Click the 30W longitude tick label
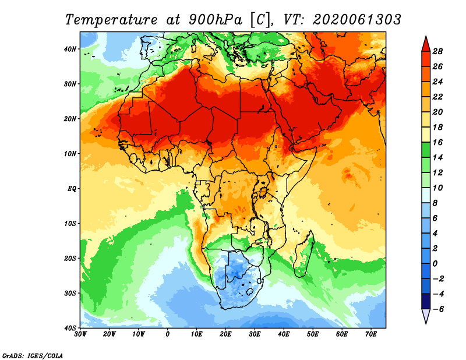pyautogui.click(x=80, y=334)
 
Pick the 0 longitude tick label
pyautogui.click(x=168, y=334)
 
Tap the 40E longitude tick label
pyautogui.click(x=284, y=334)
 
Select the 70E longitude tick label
pyautogui.click(x=371, y=334)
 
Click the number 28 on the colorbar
pyautogui.click(x=438, y=51)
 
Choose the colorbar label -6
pyautogui.click(x=438, y=309)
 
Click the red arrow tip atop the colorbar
pyautogui.click(x=425, y=43)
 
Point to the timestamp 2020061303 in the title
pyautogui.click(x=357, y=19)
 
